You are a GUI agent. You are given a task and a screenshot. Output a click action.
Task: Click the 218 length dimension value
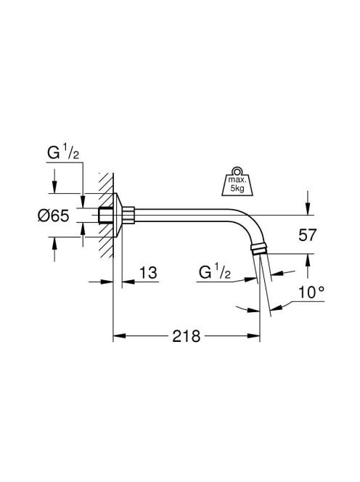point(186,336)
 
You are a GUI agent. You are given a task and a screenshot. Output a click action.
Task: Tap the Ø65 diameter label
point(53,216)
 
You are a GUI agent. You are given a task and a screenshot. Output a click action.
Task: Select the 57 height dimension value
point(307,235)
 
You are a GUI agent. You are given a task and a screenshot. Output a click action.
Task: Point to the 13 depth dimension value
point(148,273)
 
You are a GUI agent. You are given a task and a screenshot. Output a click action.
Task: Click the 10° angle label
point(311,292)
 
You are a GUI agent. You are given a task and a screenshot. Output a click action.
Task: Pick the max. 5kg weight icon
point(237,181)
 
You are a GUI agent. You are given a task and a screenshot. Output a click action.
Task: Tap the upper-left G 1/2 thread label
point(62,152)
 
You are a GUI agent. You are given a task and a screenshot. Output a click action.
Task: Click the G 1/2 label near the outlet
point(215,271)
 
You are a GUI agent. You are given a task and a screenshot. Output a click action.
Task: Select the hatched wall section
point(106,215)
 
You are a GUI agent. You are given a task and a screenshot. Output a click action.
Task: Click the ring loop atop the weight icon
point(237,171)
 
